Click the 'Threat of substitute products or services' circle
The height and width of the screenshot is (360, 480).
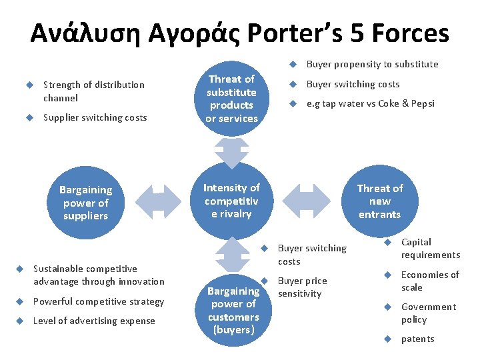[x=231, y=99]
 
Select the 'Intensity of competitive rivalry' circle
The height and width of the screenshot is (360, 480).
[x=231, y=201]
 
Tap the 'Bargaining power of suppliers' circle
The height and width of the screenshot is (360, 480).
[x=85, y=203]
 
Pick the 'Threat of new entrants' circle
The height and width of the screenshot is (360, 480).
[x=379, y=201]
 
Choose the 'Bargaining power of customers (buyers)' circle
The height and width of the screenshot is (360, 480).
[x=233, y=310]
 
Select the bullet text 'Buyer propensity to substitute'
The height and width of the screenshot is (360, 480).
[x=372, y=64]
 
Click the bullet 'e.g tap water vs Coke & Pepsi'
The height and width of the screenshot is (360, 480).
[x=370, y=103]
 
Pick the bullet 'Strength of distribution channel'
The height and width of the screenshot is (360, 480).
[x=93, y=91]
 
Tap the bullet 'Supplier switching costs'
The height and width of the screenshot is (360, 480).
[x=95, y=117]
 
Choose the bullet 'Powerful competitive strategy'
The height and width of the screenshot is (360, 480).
[x=99, y=301]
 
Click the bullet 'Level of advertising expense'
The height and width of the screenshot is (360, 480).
[x=94, y=321]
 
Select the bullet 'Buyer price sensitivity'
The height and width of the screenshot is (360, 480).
[x=302, y=287]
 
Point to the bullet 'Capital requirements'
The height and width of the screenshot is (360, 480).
[x=430, y=248]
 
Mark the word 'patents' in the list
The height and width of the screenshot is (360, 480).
[x=417, y=339]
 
